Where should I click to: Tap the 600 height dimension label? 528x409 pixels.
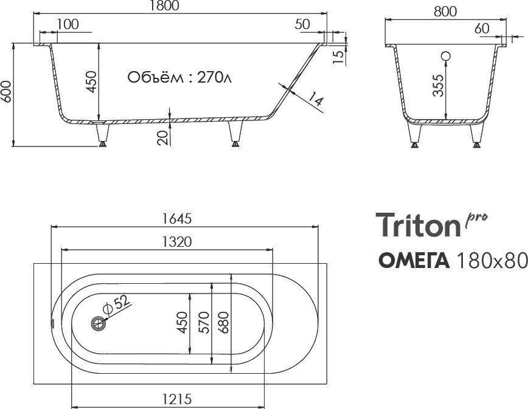pyautogui.click(x=7, y=91)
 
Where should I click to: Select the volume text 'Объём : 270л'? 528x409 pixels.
pyautogui.click(x=179, y=77)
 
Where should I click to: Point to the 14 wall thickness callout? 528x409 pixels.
pyautogui.click(x=316, y=100)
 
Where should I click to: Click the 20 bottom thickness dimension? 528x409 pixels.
pyautogui.click(x=163, y=137)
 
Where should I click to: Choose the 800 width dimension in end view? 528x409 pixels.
pyautogui.click(x=445, y=12)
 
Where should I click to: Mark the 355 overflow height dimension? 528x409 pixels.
pyautogui.click(x=438, y=86)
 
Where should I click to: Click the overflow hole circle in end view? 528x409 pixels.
pyautogui.click(x=446, y=57)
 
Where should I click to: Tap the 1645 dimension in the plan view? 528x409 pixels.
pyautogui.click(x=177, y=219)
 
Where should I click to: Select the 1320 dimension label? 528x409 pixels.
pyautogui.click(x=177, y=241)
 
